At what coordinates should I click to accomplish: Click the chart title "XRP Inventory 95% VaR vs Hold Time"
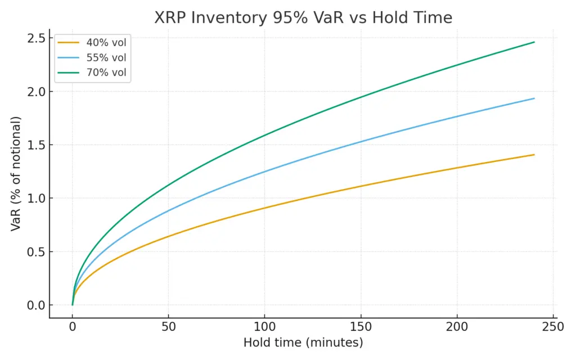[x=303, y=18]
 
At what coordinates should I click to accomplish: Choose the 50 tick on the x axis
[x=168, y=327]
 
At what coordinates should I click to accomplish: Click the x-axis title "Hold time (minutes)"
[x=303, y=343]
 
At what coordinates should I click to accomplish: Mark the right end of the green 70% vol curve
[x=534, y=42]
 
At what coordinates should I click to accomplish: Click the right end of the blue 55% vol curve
[x=534, y=98]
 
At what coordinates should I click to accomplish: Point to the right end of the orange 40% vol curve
[x=534, y=155]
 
